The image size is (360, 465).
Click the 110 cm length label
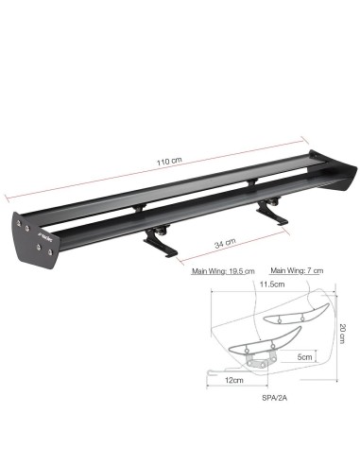coord(169,161)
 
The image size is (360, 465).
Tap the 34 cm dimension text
coord(225,243)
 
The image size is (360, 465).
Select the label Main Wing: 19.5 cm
coord(223,271)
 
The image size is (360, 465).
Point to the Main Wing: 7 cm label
coord(297,270)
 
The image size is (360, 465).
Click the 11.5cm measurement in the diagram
coord(272,284)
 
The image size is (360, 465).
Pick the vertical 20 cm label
coord(343,334)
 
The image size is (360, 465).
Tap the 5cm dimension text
coord(304,356)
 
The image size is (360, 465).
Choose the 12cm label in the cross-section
coord(234,380)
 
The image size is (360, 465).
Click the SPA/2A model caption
coord(274,398)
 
